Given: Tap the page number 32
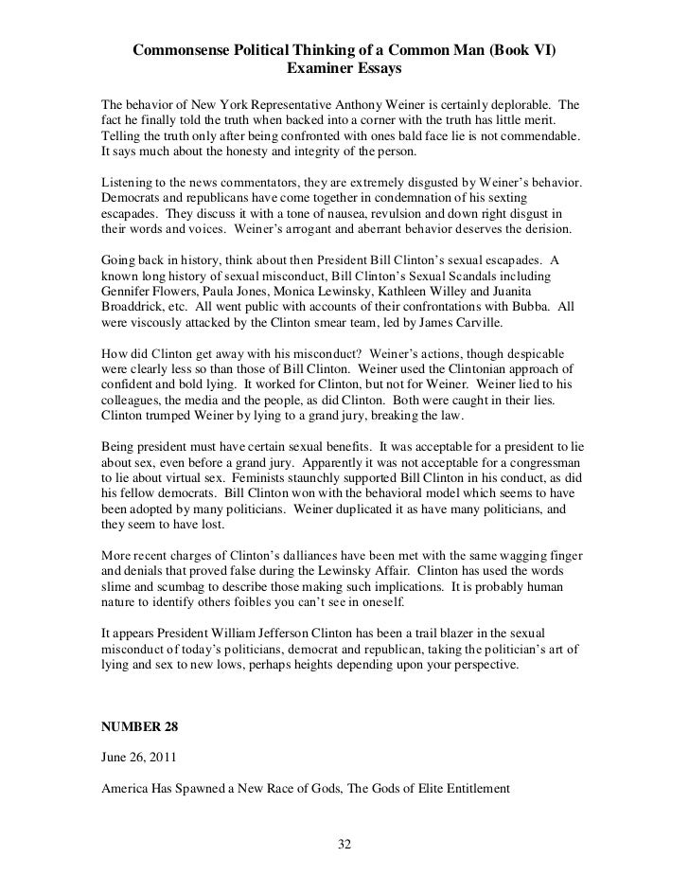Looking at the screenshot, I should pyautogui.click(x=344, y=844).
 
